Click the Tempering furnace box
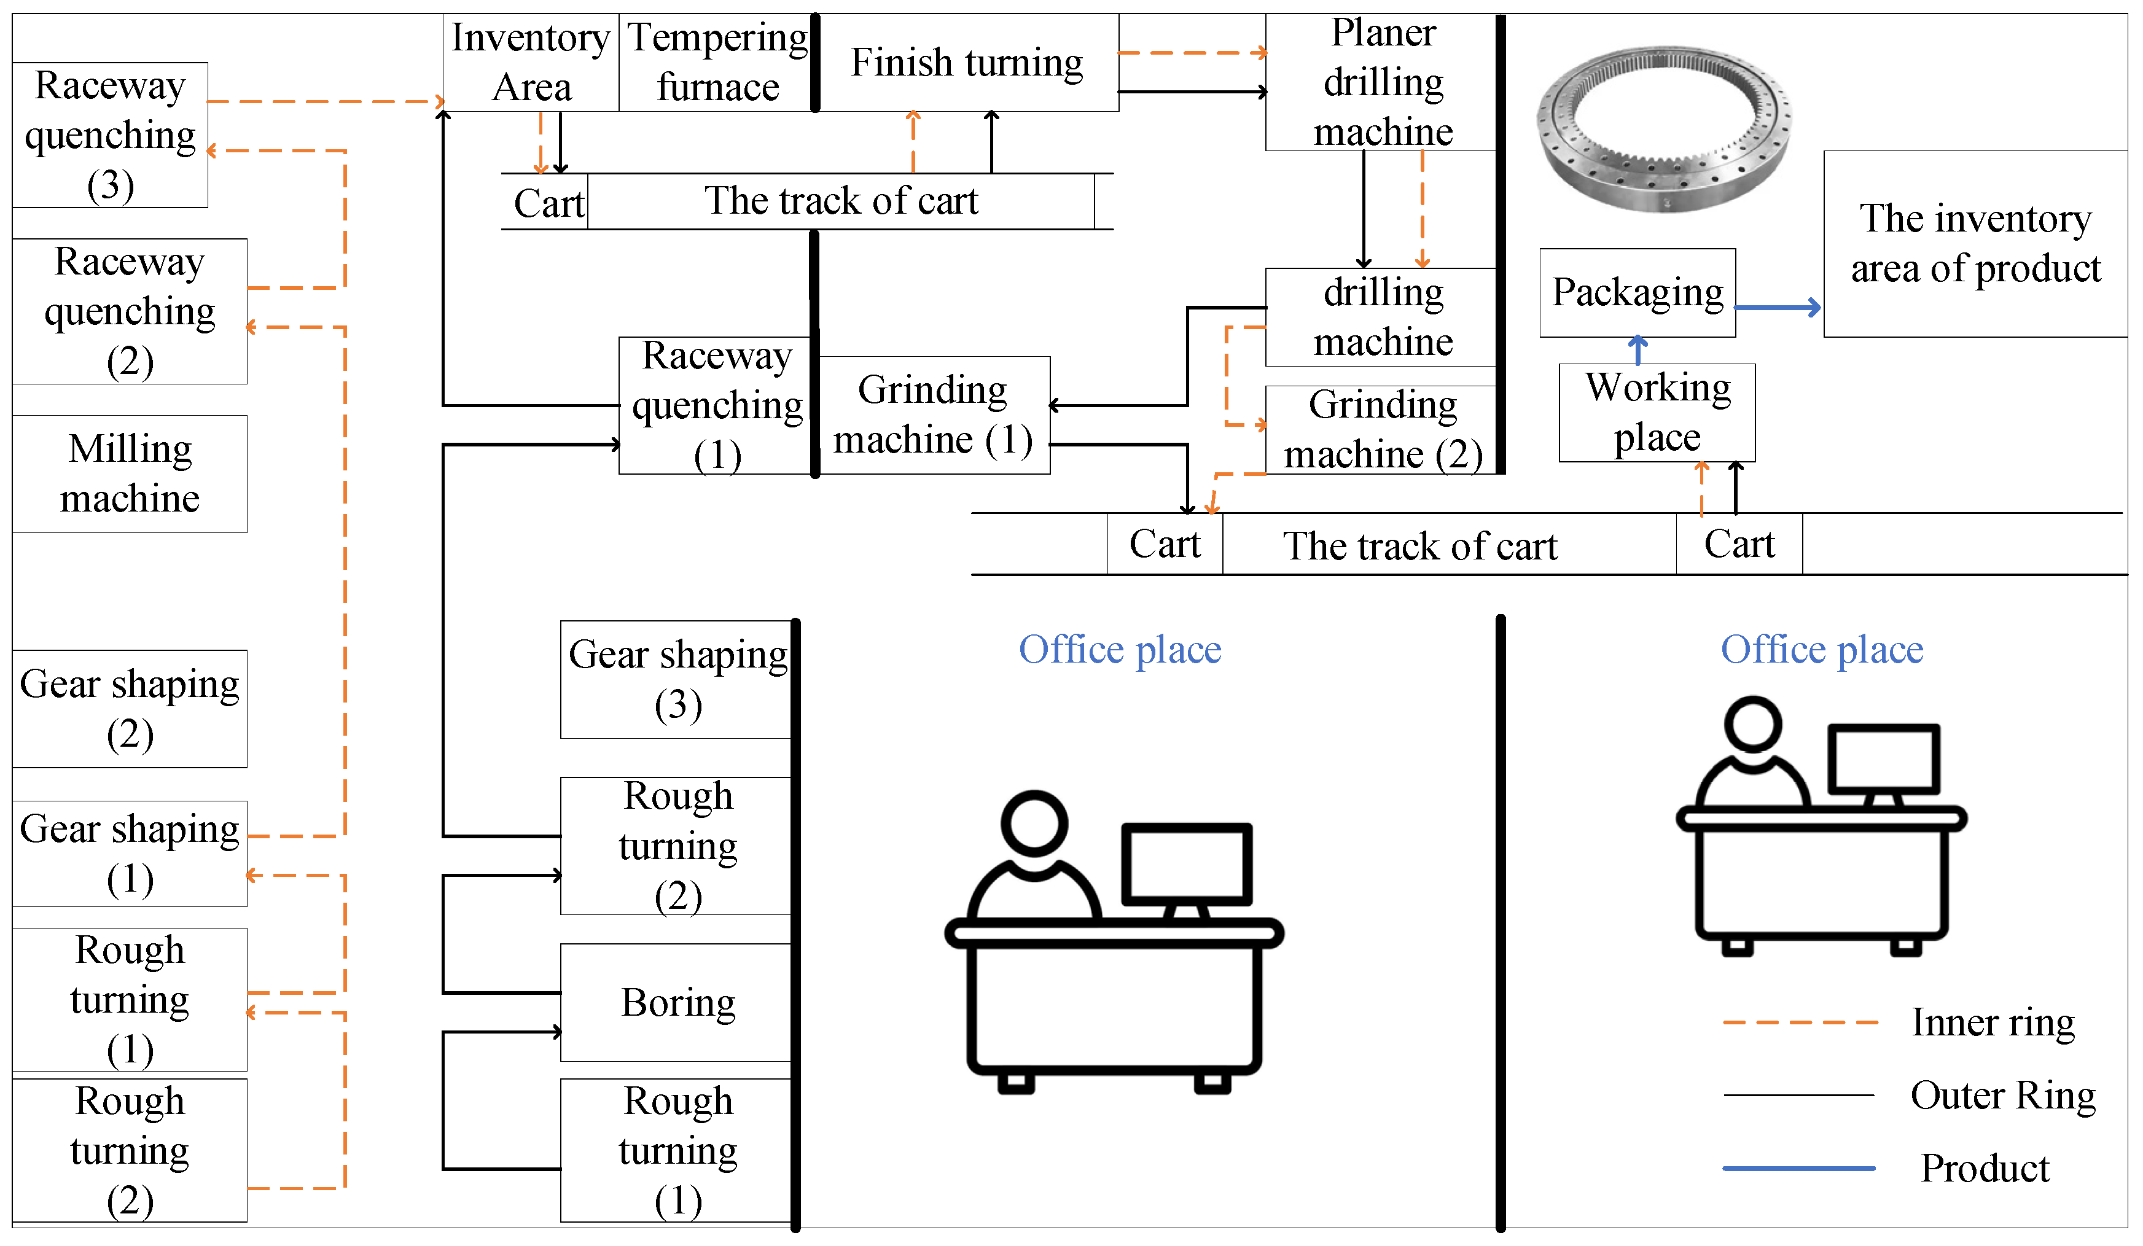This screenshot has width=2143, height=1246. tap(716, 62)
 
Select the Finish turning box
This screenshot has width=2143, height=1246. tap(967, 62)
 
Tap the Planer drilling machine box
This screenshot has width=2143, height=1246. tap(1382, 82)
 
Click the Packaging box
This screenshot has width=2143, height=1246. tap(1637, 292)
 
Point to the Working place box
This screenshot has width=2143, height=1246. tap(1657, 413)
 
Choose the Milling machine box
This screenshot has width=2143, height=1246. tap(130, 473)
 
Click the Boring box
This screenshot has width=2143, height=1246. tap(677, 1002)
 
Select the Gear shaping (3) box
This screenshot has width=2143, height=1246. tap(677, 680)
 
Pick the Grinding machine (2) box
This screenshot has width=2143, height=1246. tap(1382, 429)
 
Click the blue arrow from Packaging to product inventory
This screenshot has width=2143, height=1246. tap(1778, 307)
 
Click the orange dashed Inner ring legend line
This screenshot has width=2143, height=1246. tap(1800, 1021)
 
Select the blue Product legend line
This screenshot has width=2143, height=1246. tap(1798, 1169)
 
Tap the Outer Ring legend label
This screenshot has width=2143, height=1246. tap(2003, 1096)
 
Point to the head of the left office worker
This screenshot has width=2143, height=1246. tap(1034, 824)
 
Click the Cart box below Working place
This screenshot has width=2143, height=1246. tap(1739, 544)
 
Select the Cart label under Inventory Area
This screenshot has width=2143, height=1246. tap(548, 203)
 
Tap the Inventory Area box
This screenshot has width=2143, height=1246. tap(531, 62)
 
